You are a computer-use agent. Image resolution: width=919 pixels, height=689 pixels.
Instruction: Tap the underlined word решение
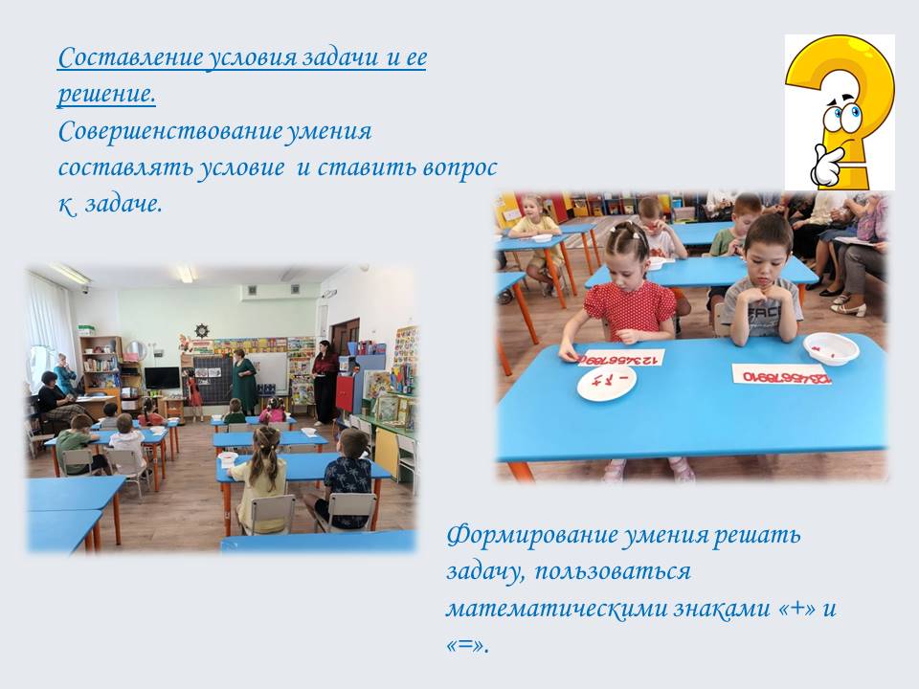point(106,95)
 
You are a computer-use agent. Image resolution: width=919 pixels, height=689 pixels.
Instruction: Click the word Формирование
point(531,536)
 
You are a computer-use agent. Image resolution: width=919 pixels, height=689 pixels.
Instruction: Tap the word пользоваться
point(613,572)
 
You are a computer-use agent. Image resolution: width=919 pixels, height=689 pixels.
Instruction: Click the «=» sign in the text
point(466,644)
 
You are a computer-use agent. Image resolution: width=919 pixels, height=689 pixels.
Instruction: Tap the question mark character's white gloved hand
point(826,166)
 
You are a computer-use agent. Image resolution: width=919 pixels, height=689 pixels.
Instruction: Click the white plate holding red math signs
point(607,385)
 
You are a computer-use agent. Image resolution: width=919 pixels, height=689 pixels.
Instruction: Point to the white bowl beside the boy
point(831,348)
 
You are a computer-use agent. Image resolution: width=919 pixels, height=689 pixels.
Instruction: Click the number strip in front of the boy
point(782,375)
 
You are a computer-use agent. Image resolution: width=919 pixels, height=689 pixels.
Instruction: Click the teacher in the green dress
point(243,381)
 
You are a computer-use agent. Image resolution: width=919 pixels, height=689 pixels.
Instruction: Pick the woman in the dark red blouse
point(325,381)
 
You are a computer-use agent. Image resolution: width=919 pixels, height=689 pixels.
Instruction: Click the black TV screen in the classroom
point(163,378)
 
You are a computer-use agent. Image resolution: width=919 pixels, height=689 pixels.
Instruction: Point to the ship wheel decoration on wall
point(202,330)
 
